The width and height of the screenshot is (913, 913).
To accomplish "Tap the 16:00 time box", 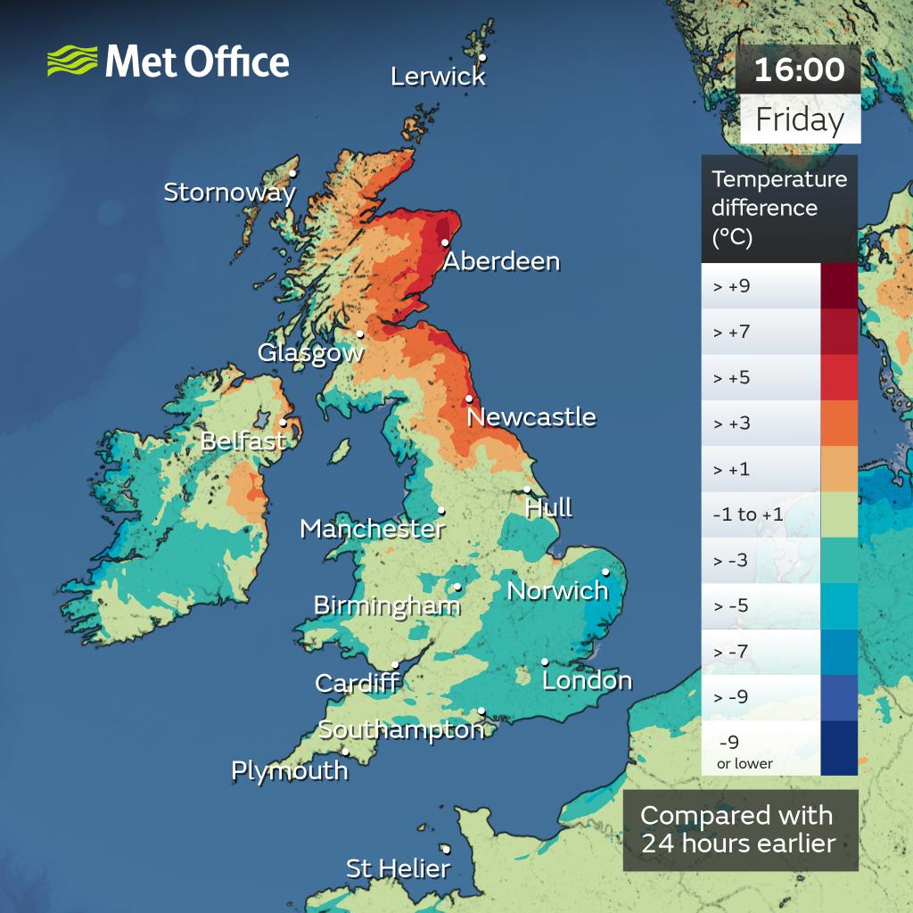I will [x=799, y=70].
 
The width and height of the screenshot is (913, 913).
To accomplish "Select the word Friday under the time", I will [x=800, y=120].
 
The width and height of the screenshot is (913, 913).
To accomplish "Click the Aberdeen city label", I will [x=501, y=261].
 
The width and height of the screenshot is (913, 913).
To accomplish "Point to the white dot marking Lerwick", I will [x=482, y=58].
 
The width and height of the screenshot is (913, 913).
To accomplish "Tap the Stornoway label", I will [x=229, y=192].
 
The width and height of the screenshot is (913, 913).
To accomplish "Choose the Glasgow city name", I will [x=310, y=352].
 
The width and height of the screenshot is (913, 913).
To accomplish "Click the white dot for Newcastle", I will [x=469, y=399].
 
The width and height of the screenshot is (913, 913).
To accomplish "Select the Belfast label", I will [x=243, y=440].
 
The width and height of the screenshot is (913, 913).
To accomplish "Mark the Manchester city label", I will [x=372, y=529].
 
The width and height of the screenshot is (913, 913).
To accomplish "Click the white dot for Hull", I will [x=528, y=489].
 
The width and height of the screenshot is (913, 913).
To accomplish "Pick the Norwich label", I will [x=557, y=590].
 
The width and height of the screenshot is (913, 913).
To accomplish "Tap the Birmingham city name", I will [x=387, y=606].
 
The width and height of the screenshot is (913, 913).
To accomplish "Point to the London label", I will [x=587, y=681].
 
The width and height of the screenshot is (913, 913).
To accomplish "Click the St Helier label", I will [x=398, y=868].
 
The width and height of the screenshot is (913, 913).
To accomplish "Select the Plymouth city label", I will [x=289, y=770].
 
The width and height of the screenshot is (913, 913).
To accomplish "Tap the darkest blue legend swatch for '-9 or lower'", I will [x=839, y=748].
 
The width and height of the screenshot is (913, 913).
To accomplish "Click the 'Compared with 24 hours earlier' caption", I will [x=736, y=829].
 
